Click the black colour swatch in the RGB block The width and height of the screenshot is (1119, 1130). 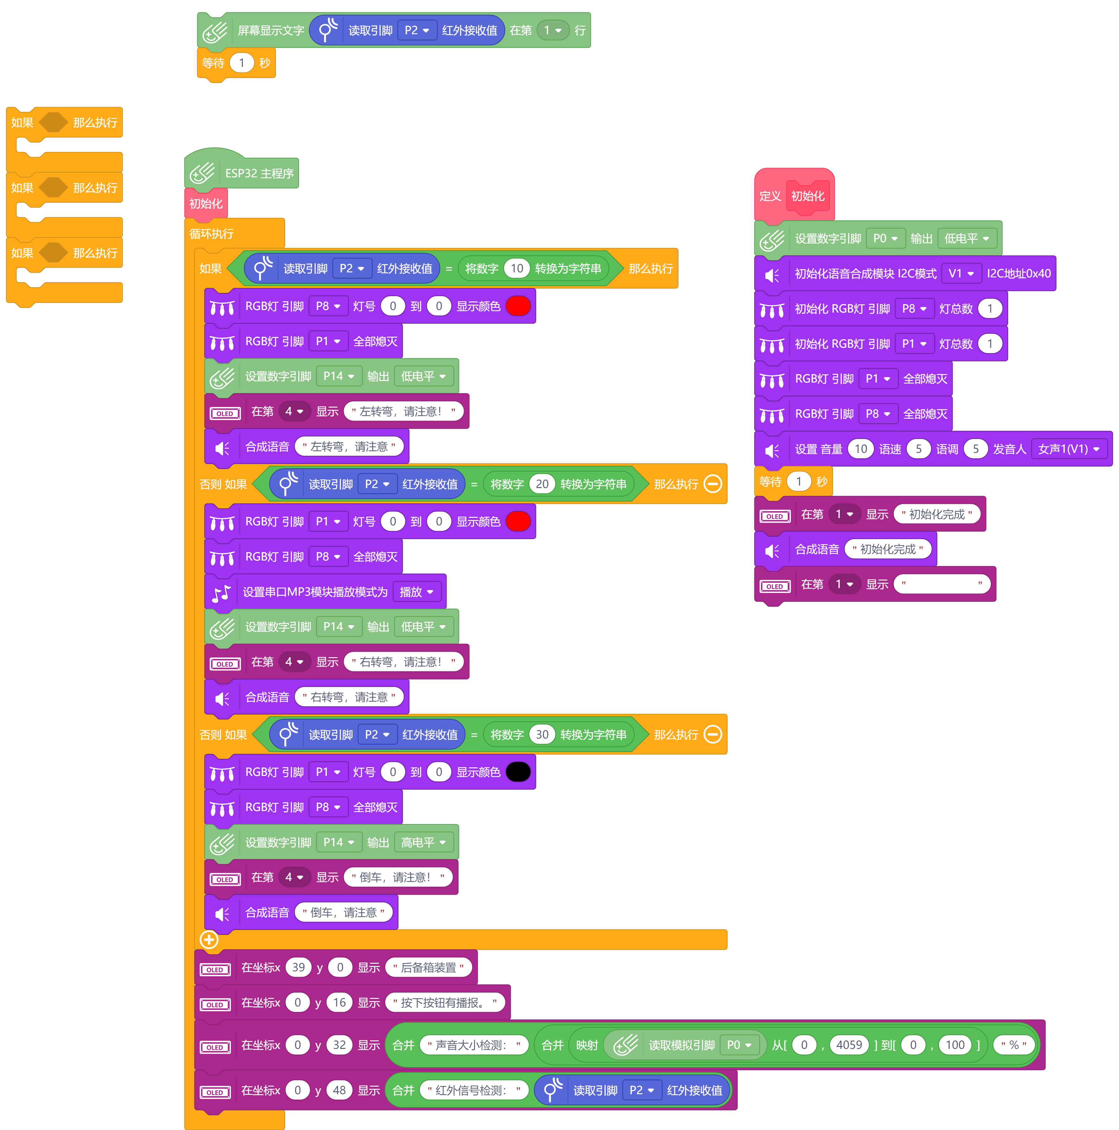pyautogui.click(x=518, y=772)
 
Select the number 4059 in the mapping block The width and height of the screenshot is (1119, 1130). pyautogui.click(x=849, y=1044)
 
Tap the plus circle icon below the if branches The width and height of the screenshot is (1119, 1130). pyautogui.click(x=209, y=939)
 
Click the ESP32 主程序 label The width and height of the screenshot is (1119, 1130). pyautogui.click(x=259, y=174)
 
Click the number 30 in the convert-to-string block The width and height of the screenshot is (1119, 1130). pyautogui.click(x=542, y=735)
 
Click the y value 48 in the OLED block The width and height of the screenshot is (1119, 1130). pyautogui.click(x=339, y=1090)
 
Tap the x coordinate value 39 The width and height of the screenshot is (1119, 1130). pyautogui.click(x=298, y=968)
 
